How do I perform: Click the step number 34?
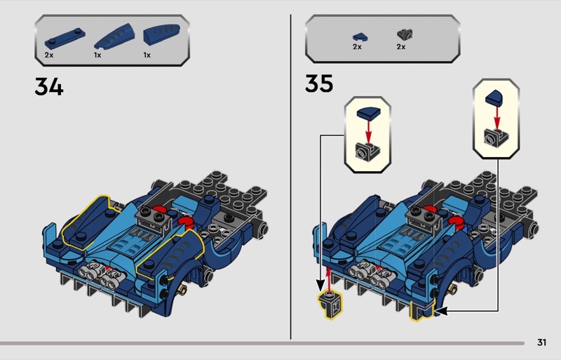[49, 87]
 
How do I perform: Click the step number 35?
[319, 84]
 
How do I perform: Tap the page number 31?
[541, 342]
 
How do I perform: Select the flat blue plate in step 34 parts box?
[65, 39]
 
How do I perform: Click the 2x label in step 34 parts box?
[49, 55]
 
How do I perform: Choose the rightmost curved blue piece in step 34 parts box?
[161, 34]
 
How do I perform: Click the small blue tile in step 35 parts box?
[360, 37]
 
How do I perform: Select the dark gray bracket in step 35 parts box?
[405, 35]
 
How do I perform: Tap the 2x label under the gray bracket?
[401, 47]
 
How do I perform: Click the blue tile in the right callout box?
[495, 98]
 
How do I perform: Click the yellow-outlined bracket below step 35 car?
[330, 304]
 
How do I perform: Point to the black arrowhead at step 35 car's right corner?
[442, 311]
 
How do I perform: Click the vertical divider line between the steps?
[290, 177]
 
